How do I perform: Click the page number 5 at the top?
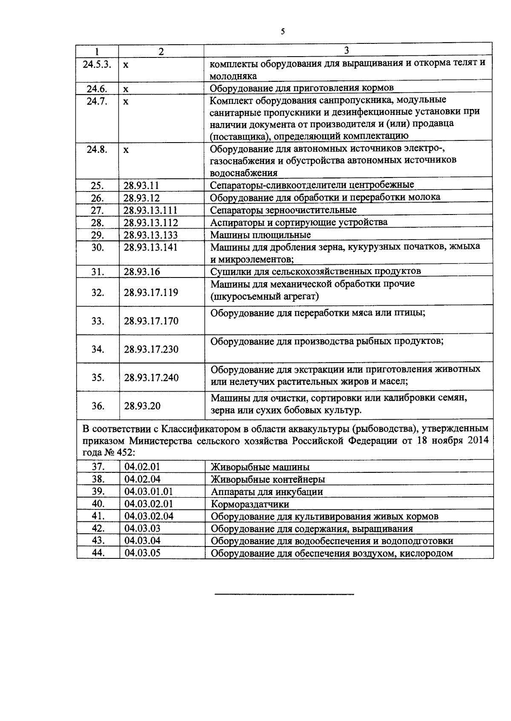tap(283, 32)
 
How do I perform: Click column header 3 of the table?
tap(347, 50)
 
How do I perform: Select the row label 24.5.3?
tap(98, 64)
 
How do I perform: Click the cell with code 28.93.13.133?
tap(150, 235)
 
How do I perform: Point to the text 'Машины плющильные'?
tap(261, 235)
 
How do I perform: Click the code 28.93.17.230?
tap(151, 349)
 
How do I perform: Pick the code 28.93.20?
tap(142, 406)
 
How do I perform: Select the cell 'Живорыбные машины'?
tap(260, 467)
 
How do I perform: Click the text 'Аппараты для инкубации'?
tap(267, 492)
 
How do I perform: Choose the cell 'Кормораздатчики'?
tap(250, 504)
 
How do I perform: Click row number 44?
tap(98, 553)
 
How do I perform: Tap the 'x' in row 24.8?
tap(126, 150)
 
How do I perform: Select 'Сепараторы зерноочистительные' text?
tap(284, 210)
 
